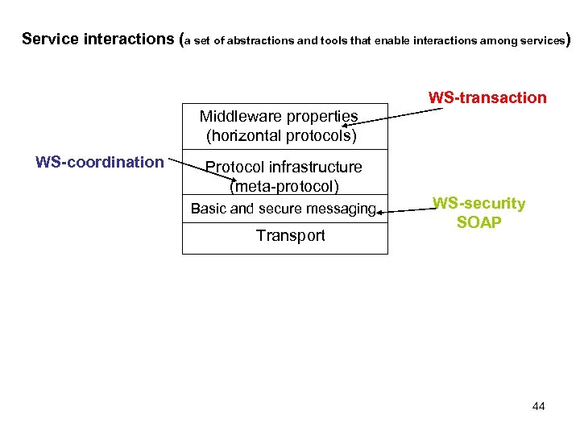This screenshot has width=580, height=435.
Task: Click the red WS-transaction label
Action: pos(487,98)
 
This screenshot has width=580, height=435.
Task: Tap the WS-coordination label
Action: pos(100,162)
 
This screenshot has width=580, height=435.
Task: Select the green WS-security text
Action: pos(478,204)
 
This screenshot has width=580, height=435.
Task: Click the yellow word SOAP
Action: pos(478,222)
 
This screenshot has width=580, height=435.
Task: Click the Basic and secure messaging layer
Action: pos(284,209)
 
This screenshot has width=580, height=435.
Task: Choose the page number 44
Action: pos(539,406)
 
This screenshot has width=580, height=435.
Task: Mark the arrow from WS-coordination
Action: pos(186,164)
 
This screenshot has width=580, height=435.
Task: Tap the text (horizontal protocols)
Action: pos(281,135)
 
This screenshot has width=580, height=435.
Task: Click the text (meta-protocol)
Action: pos(284,187)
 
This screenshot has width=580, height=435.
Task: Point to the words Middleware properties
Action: pos(279,116)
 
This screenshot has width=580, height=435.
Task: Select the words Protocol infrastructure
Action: pos(284,168)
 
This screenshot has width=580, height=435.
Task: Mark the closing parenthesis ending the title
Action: pos(570,39)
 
